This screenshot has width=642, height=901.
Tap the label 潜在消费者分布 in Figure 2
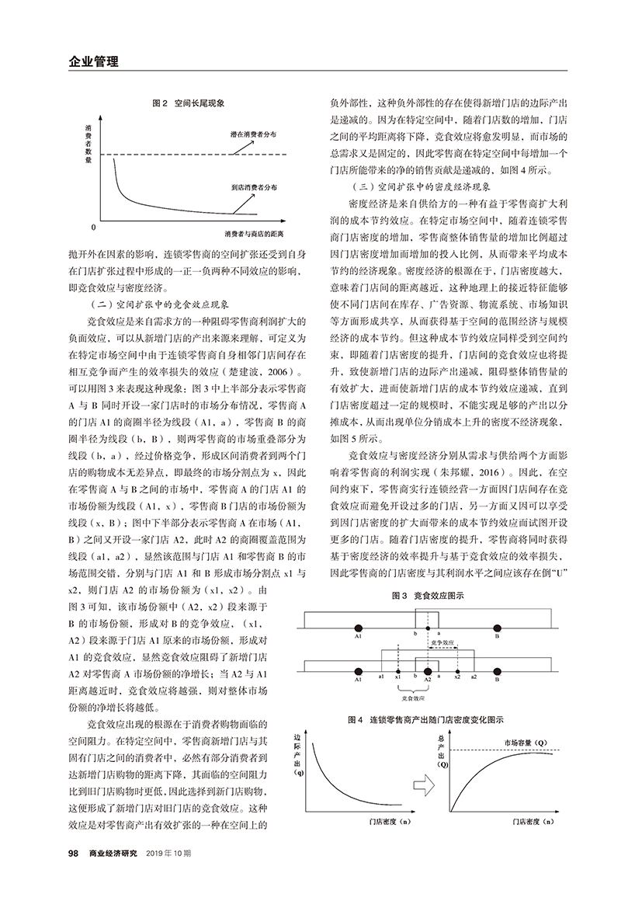254,134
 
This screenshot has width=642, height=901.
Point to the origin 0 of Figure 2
93,228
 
